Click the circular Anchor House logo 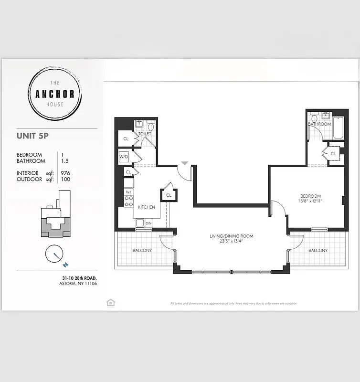point(55,94)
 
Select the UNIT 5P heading point(32,136)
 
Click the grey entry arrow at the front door point(185,163)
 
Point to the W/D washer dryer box point(124,156)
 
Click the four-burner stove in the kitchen point(128,201)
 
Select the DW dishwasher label point(148,223)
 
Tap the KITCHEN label point(147,207)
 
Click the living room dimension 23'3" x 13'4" point(231,242)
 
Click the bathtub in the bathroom point(338,127)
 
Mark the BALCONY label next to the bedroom point(318,250)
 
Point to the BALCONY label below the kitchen point(142,250)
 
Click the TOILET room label point(145,134)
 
